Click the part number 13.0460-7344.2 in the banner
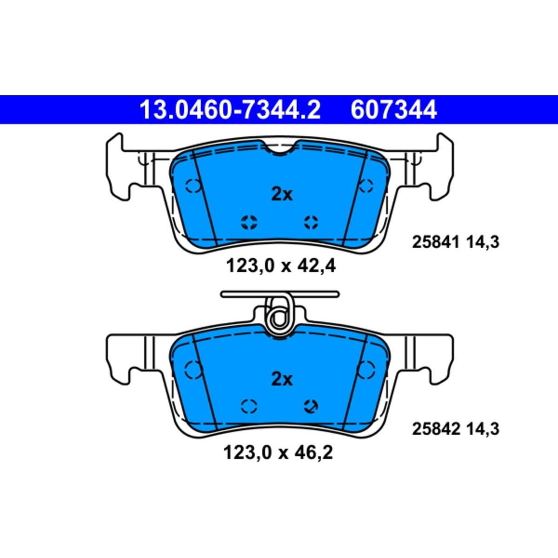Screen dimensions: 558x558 tap(230, 110)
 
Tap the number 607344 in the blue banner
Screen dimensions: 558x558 tap(393, 110)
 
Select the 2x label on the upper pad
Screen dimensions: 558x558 tap(282, 194)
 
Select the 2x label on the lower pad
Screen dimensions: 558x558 tap(282, 379)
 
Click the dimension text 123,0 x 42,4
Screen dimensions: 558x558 tap(280, 266)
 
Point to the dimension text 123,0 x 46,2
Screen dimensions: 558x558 tap(278, 452)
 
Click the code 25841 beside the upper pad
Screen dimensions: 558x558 tap(436, 242)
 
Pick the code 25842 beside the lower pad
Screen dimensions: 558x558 tap(436, 429)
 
